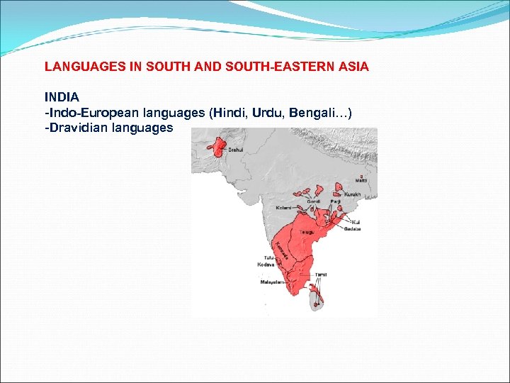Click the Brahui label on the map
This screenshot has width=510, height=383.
click(x=236, y=150)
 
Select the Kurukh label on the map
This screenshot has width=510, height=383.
click(x=353, y=194)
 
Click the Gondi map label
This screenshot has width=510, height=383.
click(x=313, y=201)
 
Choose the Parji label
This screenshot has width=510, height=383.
click(x=335, y=201)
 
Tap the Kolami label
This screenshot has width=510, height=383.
click(x=283, y=208)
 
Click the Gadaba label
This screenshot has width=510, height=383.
click(x=353, y=229)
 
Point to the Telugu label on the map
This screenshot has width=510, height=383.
click(x=306, y=232)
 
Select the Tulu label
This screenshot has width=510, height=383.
click(x=268, y=257)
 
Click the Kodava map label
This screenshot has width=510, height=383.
click(x=266, y=264)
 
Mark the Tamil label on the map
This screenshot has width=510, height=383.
click(x=321, y=274)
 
